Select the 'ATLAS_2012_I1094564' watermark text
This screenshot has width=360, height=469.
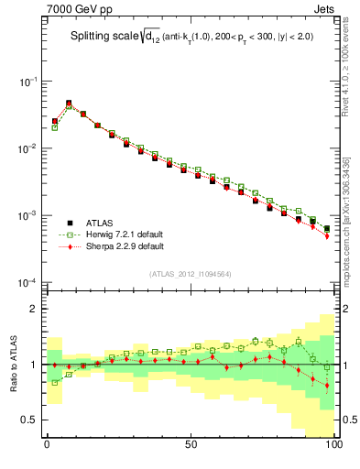(x=190, y=274)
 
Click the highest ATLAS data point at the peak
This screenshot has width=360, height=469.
(x=69, y=104)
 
